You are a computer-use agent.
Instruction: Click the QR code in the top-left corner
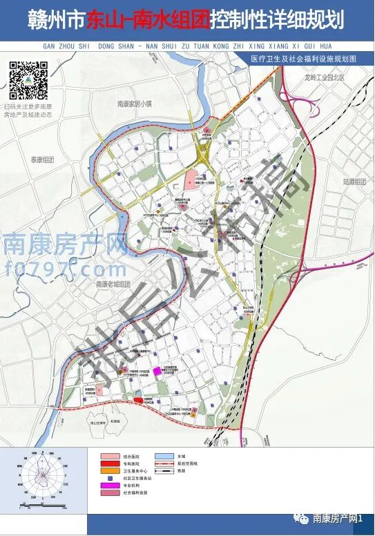click(29, 82)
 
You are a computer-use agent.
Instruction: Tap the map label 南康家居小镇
click(134, 104)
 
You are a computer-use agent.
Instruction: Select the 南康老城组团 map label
click(113, 284)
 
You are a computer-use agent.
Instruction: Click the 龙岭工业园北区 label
click(323, 79)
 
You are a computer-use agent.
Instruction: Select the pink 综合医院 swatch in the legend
click(108, 457)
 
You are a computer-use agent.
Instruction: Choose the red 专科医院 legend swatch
click(108, 464)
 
